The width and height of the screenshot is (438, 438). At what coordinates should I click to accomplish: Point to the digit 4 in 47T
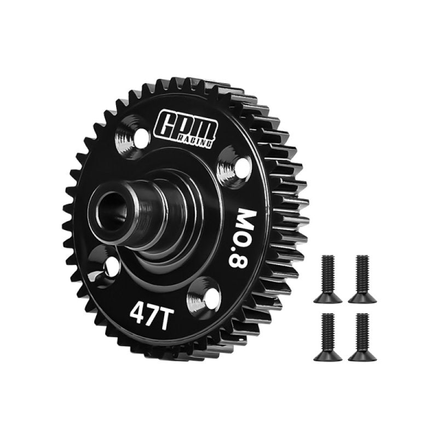click(x=136, y=313)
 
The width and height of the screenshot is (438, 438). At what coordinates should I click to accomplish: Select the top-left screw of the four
click(x=328, y=279)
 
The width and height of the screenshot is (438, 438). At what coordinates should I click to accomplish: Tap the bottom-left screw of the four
click(x=328, y=336)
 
